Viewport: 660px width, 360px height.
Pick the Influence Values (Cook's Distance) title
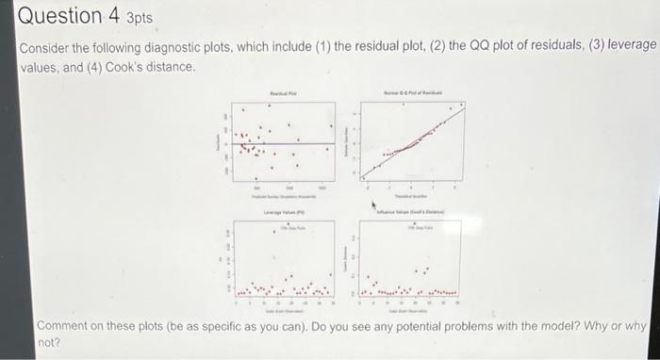pyautogui.click(x=415, y=215)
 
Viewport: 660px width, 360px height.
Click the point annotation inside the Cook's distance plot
pyautogui.click(x=416, y=229)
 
